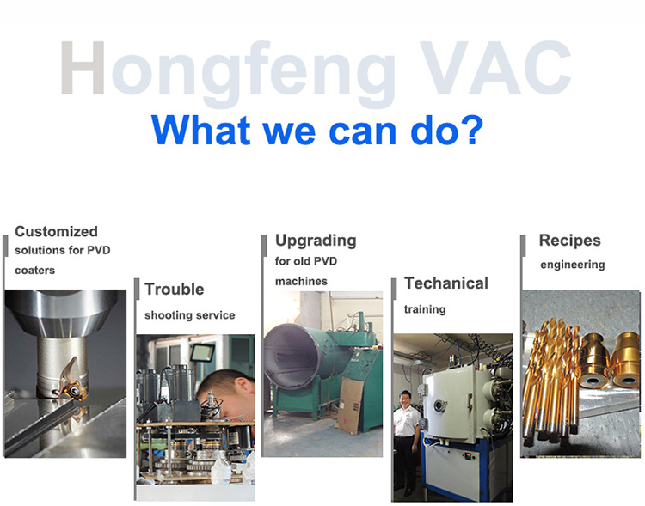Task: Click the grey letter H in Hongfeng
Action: click(x=83, y=67)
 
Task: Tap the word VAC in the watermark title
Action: click(x=495, y=67)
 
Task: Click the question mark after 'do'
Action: click(x=469, y=129)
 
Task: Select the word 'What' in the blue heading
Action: click(x=200, y=130)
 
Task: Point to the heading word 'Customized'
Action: click(x=57, y=231)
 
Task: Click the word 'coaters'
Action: click(x=35, y=271)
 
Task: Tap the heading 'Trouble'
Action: click(x=175, y=290)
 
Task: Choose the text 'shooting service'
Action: click(x=190, y=315)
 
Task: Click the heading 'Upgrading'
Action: click(x=316, y=241)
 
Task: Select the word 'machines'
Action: click(x=301, y=282)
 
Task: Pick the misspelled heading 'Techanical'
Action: click(x=446, y=283)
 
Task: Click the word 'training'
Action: click(x=425, y=309)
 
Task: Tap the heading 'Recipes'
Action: click(x=569, y=241)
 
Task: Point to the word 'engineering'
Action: click(x=573, y=265)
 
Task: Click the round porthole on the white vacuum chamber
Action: click(x=439, y=405)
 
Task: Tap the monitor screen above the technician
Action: click(x=202, y=353)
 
